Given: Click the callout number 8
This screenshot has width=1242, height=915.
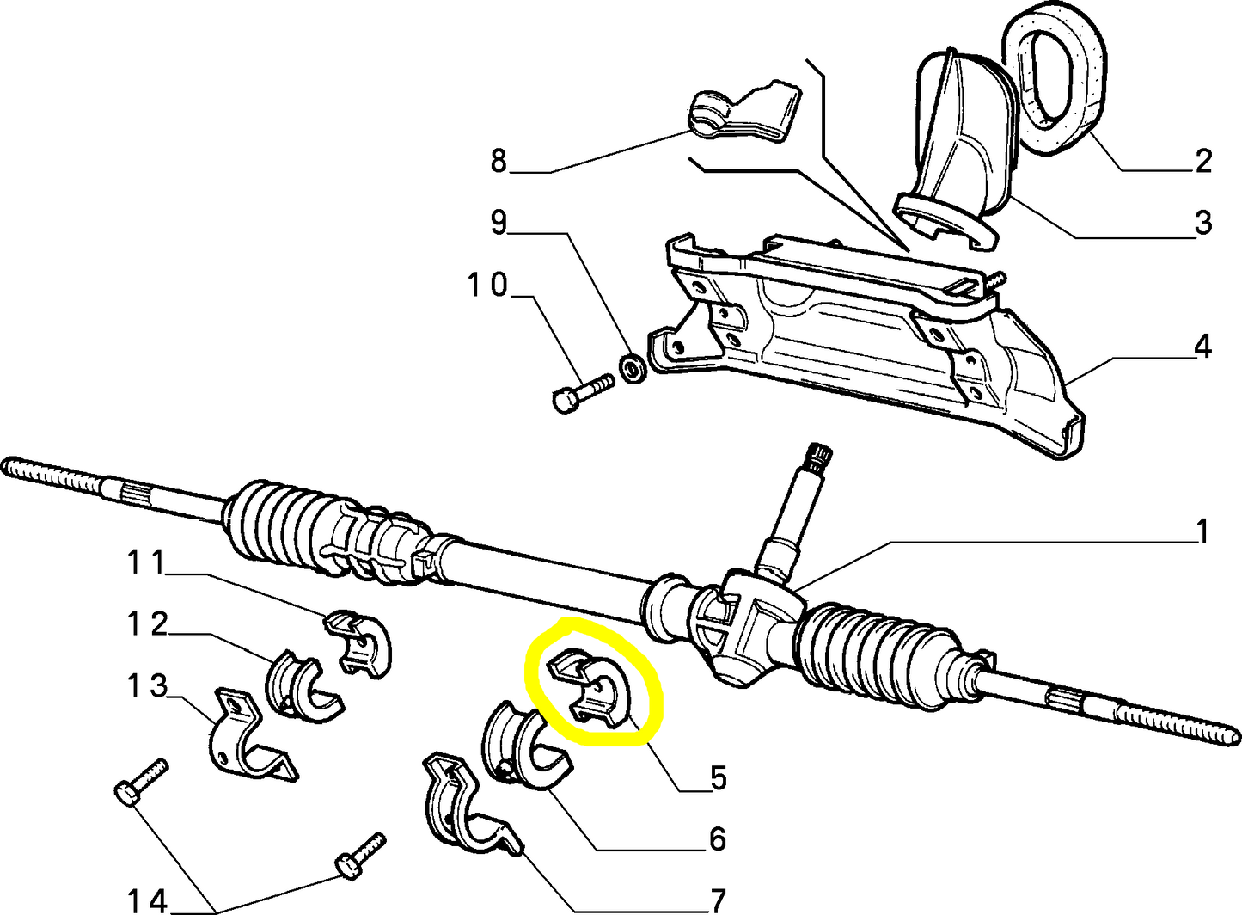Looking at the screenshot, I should [x=499, y=160].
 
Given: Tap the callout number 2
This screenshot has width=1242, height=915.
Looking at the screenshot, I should [x=1202, y=160].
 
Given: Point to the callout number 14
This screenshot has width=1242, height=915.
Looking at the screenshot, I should [x=147, y=900].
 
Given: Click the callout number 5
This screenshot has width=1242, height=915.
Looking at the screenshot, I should [x=719, y=777].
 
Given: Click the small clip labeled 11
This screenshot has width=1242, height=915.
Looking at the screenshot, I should [x=359, y=642].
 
